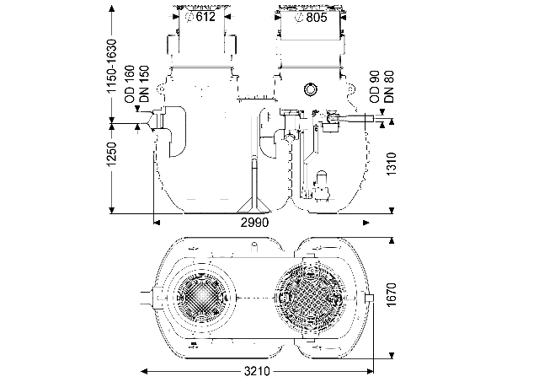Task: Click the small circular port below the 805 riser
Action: pos(310,89)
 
